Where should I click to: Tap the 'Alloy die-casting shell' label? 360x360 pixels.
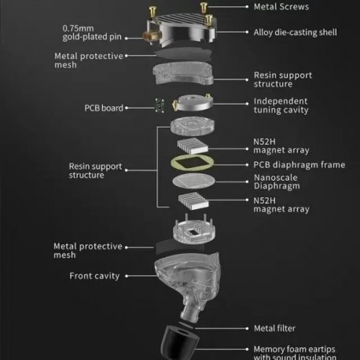click(x=294, y=33)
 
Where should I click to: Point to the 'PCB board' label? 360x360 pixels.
click(x=103, y=108)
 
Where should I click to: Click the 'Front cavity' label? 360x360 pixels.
click(x=94, y=276)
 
